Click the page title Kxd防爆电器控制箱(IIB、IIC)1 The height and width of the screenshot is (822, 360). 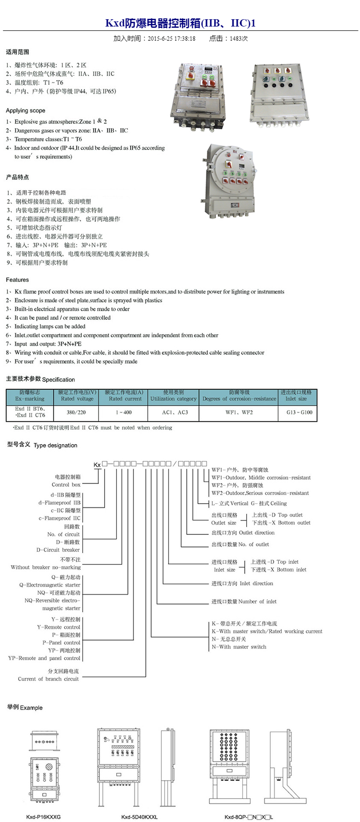[x=180, y=23]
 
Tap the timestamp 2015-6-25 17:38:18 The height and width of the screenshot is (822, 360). [x=171, y=38]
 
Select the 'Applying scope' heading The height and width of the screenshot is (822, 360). [x=25, y=110]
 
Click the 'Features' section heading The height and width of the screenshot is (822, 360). [x=17, y=279]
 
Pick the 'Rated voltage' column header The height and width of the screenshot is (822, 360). [x=77, y=399]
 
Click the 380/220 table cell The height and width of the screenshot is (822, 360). [x=76, y=412]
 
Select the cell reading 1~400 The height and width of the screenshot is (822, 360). [x=123, y=412]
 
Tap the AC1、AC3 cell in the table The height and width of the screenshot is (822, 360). [x=175, y=412]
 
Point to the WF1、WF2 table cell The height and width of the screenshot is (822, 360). [x=239, y=412]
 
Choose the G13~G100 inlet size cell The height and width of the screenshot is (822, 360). [x=299, y=412]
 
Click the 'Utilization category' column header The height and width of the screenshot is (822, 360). [x=173, y=399]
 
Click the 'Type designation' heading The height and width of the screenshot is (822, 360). [x=55, y=445]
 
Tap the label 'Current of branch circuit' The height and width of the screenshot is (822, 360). [x=48, y=679]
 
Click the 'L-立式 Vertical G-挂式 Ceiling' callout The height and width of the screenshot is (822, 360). [x=249, y=504]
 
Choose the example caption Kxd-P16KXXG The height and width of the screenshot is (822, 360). [x=43, y=816]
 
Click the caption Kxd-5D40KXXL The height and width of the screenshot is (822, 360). [x=139, y=816]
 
